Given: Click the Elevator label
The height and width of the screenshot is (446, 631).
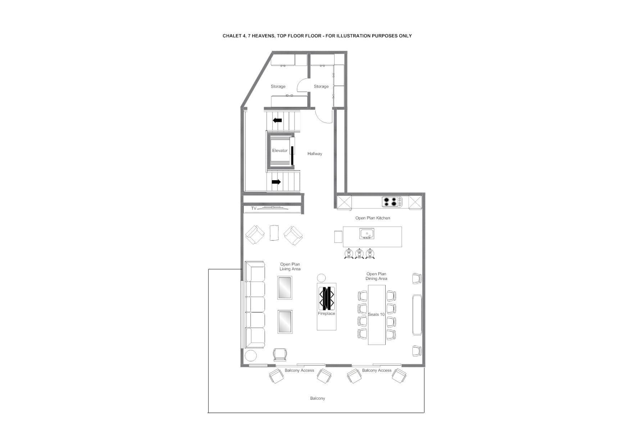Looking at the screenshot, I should point(280,151).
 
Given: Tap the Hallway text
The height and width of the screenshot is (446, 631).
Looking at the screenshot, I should point(315,154).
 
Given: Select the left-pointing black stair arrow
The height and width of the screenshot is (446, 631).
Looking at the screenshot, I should point(277,120).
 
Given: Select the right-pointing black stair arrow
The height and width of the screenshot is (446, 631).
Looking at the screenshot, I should point(276,182).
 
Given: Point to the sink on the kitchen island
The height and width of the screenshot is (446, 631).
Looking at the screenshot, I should point(367,233).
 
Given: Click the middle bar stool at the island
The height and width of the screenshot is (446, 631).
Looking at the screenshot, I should point(359,254).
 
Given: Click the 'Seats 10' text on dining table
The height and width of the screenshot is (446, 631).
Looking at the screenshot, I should point(376,314).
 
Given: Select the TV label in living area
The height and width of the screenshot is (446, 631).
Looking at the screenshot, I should point(254,208).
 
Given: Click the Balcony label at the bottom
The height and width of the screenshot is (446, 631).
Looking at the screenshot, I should point(317,398).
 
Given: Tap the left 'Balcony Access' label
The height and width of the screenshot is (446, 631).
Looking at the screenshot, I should point(299,370).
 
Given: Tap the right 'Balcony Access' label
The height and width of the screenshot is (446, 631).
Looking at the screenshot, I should point(377,370).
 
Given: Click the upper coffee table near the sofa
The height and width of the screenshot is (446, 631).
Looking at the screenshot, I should point(285,287).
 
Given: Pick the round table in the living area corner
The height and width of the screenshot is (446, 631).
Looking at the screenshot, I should point(251,356).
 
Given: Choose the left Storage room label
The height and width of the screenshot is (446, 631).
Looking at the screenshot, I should point(278,86).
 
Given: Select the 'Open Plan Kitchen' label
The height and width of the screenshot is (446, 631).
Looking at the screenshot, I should point(373,218).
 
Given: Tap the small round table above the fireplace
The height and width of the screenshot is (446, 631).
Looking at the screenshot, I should point(321,278).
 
